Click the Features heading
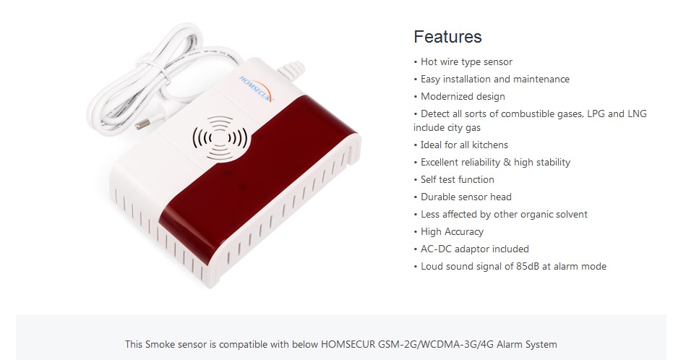click(x=447, y=37)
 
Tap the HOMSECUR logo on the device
click(x=256, y=89)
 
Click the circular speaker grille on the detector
click(x=220, y=138)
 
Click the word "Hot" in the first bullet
click(x=429, y=61)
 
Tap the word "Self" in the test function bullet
click(x=429, y=179)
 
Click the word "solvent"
click(x=570, y=215)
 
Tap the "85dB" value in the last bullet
click(x=528, y=267)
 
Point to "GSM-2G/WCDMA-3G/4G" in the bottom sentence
click(x=436, y=344)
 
